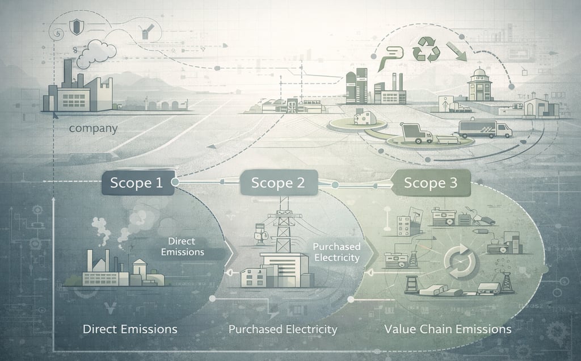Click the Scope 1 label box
pos(136,183)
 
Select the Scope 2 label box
pos(278,183)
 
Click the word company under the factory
pos(93,129)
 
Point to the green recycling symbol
pos(426,50)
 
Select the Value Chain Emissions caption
pos(448,329)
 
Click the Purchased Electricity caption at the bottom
pos(283,329)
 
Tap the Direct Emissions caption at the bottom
pos(130,329)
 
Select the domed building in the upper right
pos(479,87)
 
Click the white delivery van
pos(484,129)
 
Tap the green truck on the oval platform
pos(416,134)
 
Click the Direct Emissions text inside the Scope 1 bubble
pos(182,247)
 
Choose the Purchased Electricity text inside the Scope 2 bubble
pos(336,252)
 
